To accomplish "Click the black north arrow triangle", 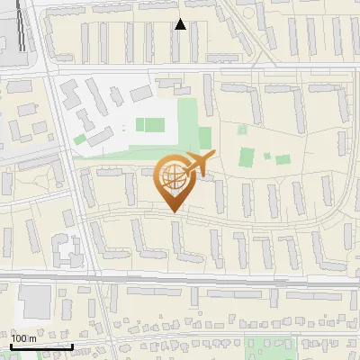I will point(180,24).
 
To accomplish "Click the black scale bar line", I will point(41,346).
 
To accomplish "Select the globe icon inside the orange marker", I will point(173,177).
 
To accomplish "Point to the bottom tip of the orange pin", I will point(173,212).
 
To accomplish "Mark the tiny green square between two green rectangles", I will point(266,156).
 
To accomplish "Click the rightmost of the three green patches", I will point(283,159).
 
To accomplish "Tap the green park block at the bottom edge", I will point(270,349).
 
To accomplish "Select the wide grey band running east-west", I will point(180,281).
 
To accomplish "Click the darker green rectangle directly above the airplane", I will point(204,138).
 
